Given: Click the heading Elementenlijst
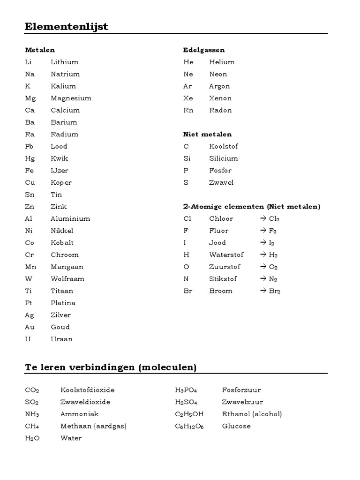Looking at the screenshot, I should [x=67, y=27].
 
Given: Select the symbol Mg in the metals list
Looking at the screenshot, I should [x=31, y=98].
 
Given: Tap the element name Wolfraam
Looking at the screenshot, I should [x=67, y=279].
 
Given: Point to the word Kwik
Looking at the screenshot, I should [x=60, y=158].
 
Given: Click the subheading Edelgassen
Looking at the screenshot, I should [x=203, y=50].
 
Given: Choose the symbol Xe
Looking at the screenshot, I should [x=188, y=98].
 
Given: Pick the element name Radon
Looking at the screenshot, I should [x=220, y=111].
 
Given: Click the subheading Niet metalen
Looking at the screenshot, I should [x=207, y=135].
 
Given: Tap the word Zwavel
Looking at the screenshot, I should [x=221, y=183].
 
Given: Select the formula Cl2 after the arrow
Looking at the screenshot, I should [x=274, y=219].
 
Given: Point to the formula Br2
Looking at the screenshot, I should [x=274, y=291].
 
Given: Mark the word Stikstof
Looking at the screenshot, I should [x=223, y=279].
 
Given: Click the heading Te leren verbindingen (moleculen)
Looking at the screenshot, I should [x=111, y=367].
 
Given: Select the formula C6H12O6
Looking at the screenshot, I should [x=189, y=427].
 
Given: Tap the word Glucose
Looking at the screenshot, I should [x=236, y=426].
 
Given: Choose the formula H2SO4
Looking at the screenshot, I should [x=186, y=402].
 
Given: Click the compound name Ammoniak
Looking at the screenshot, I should [x=80, y=414].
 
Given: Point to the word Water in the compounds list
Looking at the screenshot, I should [x=71, y=438].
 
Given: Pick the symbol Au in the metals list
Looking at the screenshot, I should [x=30, y=327].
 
